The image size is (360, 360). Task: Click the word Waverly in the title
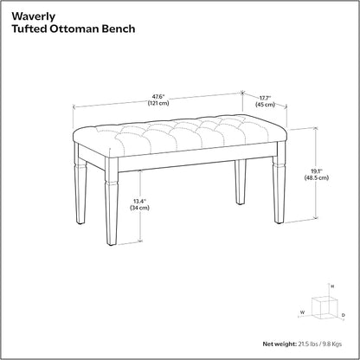33,16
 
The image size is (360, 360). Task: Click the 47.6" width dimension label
158,97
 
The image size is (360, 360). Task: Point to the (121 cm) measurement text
158,103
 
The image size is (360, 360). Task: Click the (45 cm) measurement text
265,105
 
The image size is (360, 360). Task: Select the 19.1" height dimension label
316,171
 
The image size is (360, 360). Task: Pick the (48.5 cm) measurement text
316,177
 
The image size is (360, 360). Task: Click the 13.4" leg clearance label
139,201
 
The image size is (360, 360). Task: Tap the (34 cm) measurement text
139,208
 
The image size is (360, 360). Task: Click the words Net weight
280,344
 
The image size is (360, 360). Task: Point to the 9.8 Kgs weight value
331,344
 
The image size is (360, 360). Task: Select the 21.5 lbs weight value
308,344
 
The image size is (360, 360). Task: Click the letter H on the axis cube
332,286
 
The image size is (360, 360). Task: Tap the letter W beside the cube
302,312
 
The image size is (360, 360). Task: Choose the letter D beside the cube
343,315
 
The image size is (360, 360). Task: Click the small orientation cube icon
325,308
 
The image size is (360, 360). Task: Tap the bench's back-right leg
241,183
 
